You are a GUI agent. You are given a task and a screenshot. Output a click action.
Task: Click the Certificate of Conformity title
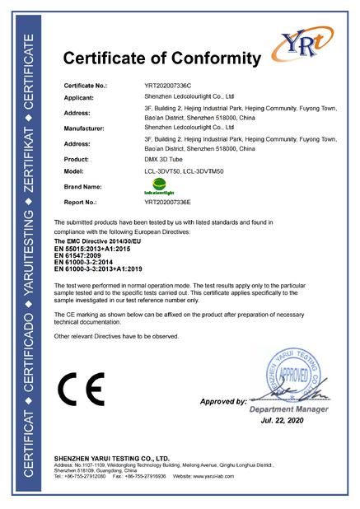161,58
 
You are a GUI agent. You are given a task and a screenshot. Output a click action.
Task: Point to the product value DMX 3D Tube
163,159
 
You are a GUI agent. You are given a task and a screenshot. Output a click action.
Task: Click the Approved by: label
223,402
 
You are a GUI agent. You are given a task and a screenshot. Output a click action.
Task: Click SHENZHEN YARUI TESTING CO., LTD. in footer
111,457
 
